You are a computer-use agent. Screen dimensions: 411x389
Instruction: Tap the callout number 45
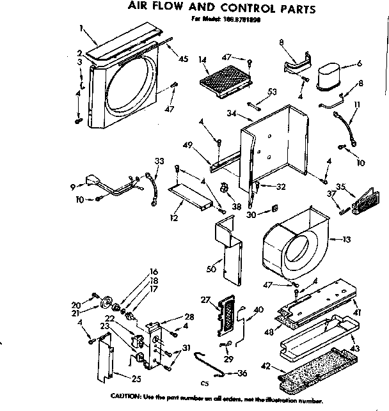click(184, 59)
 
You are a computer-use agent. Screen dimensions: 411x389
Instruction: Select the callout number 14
click(203, 60)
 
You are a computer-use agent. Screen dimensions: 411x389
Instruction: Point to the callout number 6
click(360, 63)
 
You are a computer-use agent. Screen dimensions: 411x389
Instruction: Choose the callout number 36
click(241, 375)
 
